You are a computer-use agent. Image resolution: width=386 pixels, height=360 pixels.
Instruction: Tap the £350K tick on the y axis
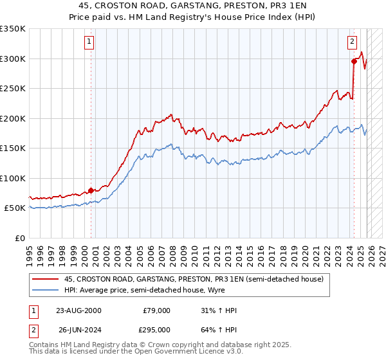pyautogui.click(x=13, y=29)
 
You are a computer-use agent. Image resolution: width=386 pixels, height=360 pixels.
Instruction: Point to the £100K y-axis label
pyautogui.click(x=13, y=178)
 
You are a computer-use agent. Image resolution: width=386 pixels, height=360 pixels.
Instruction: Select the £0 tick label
pyautogui.click(x=19, y=238)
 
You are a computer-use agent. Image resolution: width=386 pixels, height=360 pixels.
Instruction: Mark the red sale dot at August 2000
pyautogui.click(x=91, y=190)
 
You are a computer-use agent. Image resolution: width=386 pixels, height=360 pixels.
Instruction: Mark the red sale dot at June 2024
pyautogui.click(x=354, y=62)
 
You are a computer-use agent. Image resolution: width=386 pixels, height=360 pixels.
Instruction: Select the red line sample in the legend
pyautogui.click(x=46, y=279)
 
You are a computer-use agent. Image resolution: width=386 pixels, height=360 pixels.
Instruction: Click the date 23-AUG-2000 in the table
pyautogui.click(x=78, y=310)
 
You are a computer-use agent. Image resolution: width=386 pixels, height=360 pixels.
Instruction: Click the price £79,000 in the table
pyautogui.click(x=156, y=310)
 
